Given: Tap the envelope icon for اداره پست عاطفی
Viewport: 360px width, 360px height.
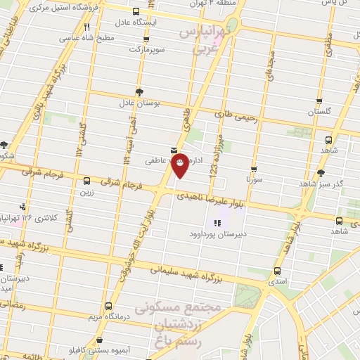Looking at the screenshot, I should click(x=173, y=149).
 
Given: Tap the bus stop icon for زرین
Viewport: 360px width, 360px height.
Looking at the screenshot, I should click(x=87, y=180).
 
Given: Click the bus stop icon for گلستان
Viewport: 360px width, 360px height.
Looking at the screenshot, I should click(x=319, y=101).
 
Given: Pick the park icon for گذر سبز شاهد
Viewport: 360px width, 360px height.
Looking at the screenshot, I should click(x=322, y=172).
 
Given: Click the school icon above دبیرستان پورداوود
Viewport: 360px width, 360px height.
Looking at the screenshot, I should click(x=207, y=224).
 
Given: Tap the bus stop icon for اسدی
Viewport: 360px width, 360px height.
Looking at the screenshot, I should click(x=277, y=270).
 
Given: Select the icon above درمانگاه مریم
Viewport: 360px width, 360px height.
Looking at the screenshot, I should click(x=108, y=307).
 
